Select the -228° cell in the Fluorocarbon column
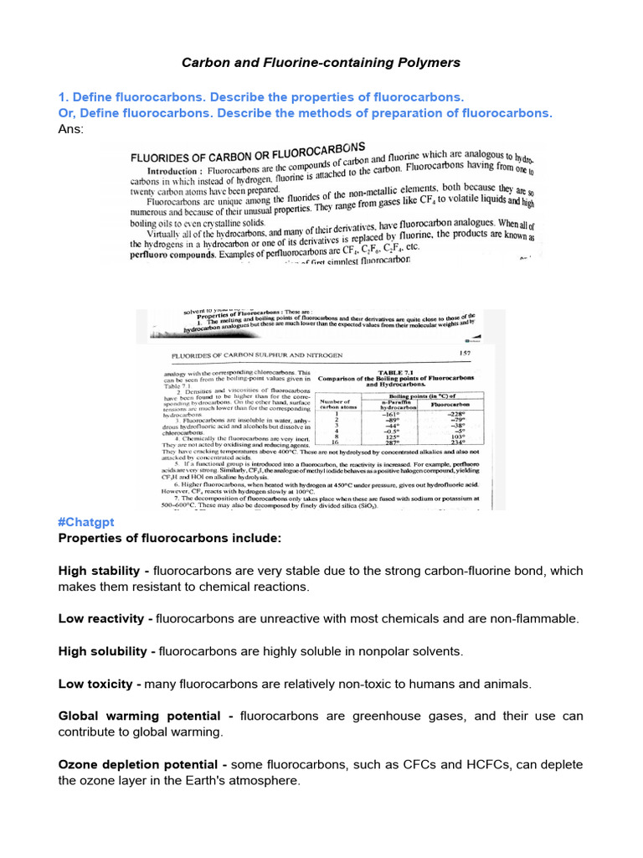coord(456,414)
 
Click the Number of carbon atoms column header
coord(335,405)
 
